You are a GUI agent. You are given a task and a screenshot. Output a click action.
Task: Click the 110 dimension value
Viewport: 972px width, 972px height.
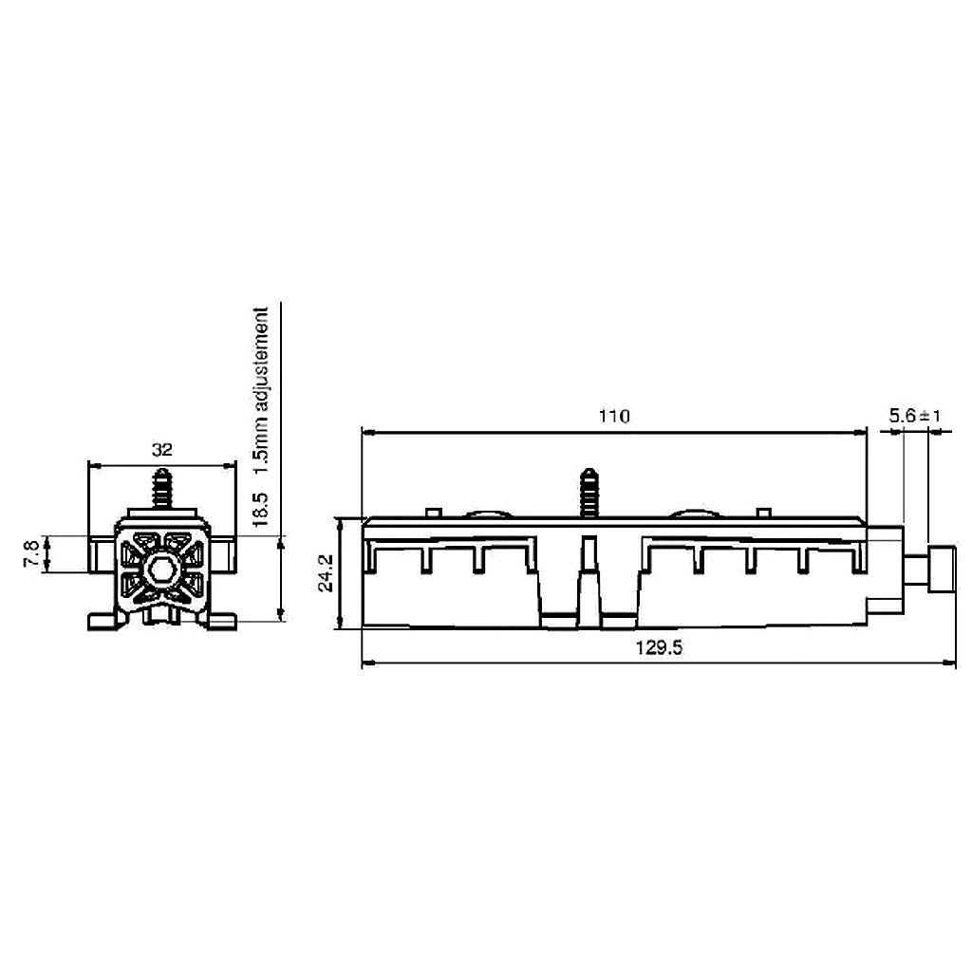click(614, 416)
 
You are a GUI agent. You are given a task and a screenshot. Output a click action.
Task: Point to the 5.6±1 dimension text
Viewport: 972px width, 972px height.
click(913, 416)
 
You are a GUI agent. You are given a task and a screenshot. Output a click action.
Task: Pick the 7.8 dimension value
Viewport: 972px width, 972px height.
click(31, 554)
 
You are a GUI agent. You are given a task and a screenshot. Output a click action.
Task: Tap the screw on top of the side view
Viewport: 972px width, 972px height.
click(590, 492)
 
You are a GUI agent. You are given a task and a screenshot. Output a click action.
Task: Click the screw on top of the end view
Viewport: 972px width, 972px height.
click(162, 488)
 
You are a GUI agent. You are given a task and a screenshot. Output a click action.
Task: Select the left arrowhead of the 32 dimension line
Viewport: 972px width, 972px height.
click(93, 465)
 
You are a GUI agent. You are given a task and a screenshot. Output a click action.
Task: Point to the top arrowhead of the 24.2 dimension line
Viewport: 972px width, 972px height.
click(340, 522)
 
